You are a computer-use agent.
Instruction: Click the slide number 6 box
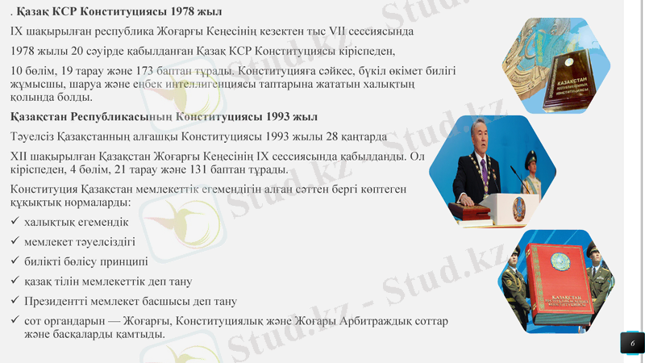(632, 343)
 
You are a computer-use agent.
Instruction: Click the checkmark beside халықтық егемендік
(15, 221)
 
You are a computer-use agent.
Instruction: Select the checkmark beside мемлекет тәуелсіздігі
(15, 241)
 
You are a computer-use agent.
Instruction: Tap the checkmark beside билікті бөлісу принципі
(15, 261)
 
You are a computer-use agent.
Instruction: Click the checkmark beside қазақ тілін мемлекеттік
(15, 282)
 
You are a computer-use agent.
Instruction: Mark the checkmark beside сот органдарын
(15, 321)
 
